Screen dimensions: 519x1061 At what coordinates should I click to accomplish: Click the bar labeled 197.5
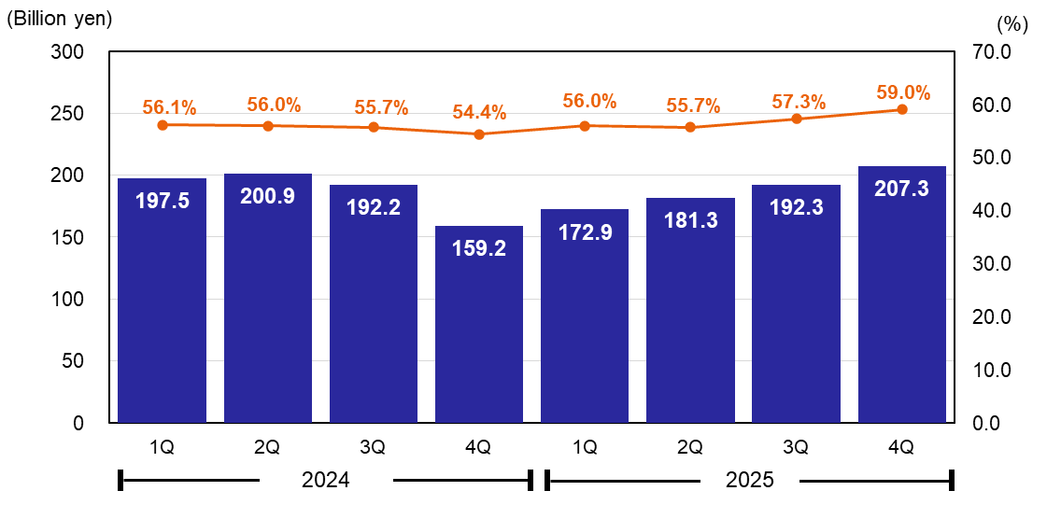pyautogui.click(x=163, y=299)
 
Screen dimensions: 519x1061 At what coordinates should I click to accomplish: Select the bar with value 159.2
pyautogui.click(x=479, y=323)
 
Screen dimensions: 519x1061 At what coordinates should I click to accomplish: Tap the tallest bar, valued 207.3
pyautogui.click(x=902, y=294)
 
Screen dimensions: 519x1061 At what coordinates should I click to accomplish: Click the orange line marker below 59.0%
pyautogui.click(x=902, y=110)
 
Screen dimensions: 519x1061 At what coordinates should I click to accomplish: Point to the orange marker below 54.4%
pyautogui.click(x=479, y=134)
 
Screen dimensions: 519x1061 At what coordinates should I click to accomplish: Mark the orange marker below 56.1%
pyautogui.click(x=163, y=125)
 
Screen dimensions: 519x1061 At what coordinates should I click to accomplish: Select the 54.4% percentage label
pyautogui.click(x=479, y=113)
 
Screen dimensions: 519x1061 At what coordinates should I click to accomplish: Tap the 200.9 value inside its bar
pyautogui.click(x=268, y=197)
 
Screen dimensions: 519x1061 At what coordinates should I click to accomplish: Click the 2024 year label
pyautogui.click(x=325, y=481)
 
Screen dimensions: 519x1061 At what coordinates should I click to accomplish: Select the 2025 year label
pyautogui.click(x=750, y=481)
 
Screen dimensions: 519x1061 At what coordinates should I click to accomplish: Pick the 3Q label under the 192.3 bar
pyautogui.click(x=796, y=448)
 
